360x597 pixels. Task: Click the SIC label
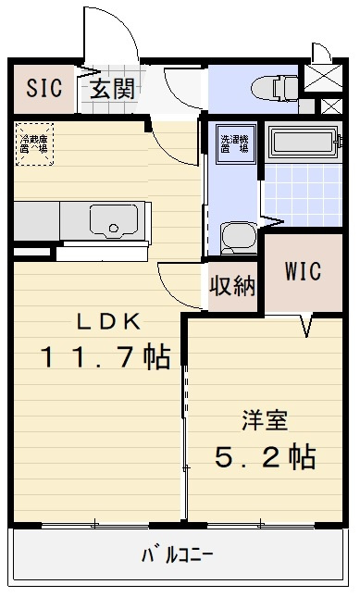tap(43, 89)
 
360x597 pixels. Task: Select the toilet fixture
tap(273, 88)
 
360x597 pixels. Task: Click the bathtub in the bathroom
tap(305, 144)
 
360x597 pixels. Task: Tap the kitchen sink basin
tap(113, 222)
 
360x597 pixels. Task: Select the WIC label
tap(303, 272)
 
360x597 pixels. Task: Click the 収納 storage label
tap(231, 286)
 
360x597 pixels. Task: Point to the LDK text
tap(107, 322)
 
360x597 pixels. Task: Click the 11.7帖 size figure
tap(104, 357)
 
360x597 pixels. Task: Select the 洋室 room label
tap(264, 421)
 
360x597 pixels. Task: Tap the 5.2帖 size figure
tap(266, 456)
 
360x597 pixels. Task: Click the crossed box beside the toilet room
tap(324, 78)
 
